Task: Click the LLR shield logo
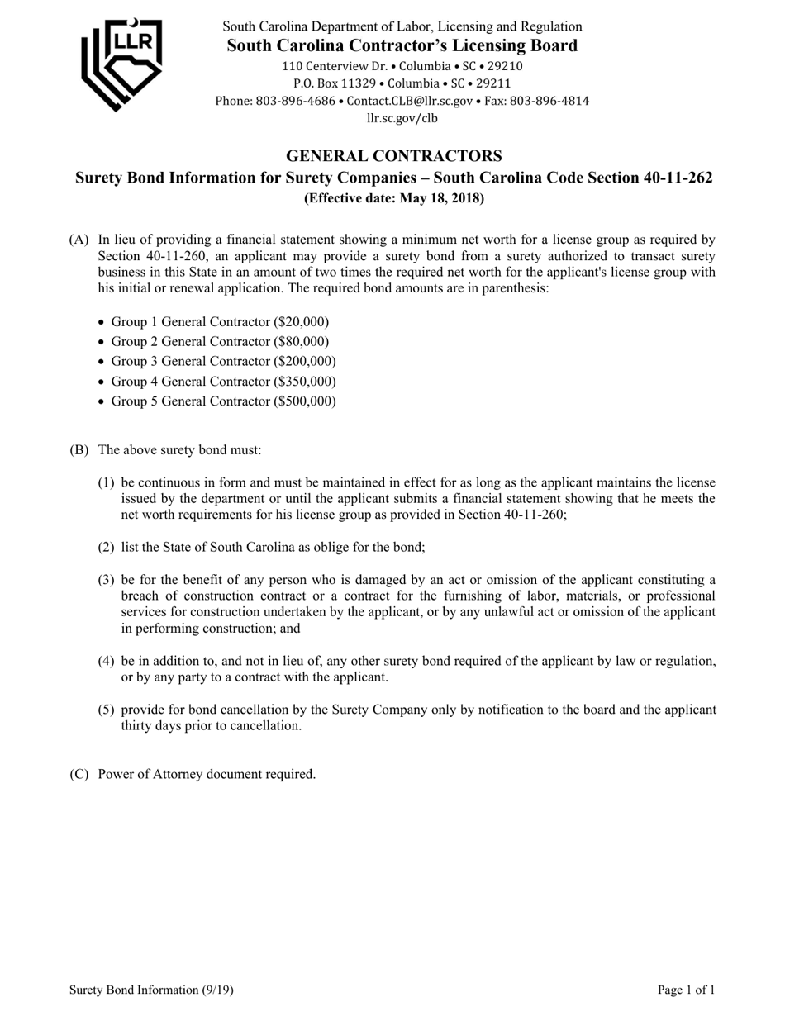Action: [121, 64]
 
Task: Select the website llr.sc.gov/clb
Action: [402, 118]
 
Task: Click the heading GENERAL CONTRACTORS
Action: [393, 155]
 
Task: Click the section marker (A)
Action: [78, 240]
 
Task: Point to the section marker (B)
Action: [78, 450]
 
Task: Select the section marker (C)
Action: [78, 774]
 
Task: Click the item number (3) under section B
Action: [106, 580]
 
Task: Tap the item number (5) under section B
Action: [106, 710]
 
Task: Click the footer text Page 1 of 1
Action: [686, 990]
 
